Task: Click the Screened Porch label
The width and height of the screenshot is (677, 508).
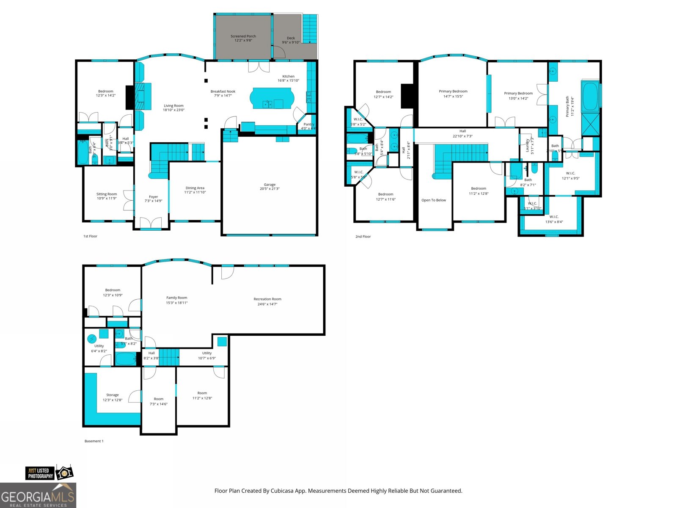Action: (243, 36)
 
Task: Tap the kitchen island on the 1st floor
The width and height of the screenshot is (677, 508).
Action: (271, 98)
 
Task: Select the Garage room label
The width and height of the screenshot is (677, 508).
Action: (270, 185)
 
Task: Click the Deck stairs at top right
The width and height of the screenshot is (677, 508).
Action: (310, 29)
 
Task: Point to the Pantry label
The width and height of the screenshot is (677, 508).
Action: (309, 124)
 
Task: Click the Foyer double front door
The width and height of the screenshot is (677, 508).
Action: (151, 223)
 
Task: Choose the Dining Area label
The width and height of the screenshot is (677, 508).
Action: (195, 188)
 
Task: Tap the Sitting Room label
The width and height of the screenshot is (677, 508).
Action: (107, 194)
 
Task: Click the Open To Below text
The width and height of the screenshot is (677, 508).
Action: (433, 200)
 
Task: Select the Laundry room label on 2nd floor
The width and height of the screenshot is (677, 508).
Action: (527, 146)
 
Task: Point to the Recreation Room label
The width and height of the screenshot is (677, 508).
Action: (267, 299)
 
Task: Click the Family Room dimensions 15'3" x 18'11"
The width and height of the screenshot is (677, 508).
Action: (176, 303)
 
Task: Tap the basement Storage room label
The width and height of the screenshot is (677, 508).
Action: (113, 395)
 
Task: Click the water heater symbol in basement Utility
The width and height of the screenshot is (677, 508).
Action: (92, 339)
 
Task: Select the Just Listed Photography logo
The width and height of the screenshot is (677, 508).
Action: (48, 473)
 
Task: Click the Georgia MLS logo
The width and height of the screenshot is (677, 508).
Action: (38, 495)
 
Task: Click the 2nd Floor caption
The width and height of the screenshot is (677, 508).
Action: (363, 237)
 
